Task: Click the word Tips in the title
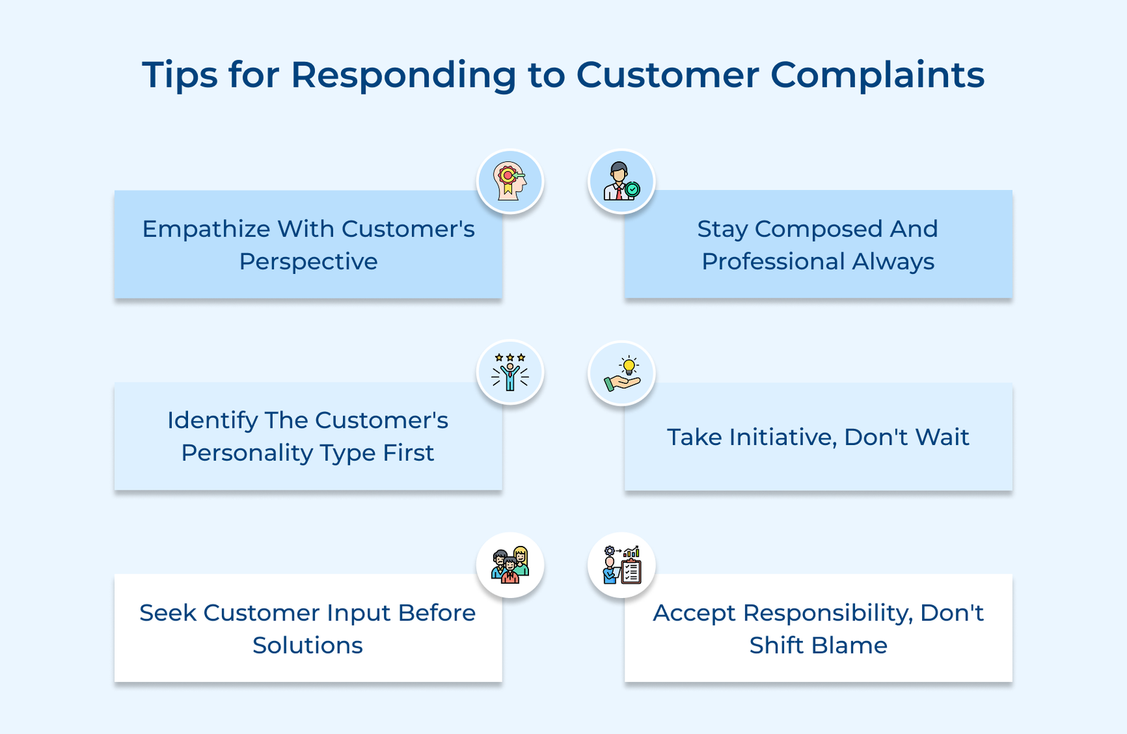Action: click(x=180, y=75)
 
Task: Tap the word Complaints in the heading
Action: click(x=877, y=75)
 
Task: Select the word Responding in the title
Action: click(x=404, y=75)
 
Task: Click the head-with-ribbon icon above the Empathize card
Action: click(x=510, y=182)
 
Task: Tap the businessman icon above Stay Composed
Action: click(x=621, y=182)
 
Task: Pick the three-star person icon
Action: click(x=510, y=373)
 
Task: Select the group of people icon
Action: click(x=510, y=565)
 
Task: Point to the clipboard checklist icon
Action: click(x=621, y=565)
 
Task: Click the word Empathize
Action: click(x=206, y=229)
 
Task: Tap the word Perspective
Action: click(x=308, y=261)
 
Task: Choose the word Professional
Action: click(x=773, y=261)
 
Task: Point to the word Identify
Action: click(x=212, y=421)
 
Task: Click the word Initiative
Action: click(x=783, y=437)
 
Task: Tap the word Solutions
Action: click(x=308, y=645)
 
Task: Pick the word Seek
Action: click(x=168, y=613)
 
